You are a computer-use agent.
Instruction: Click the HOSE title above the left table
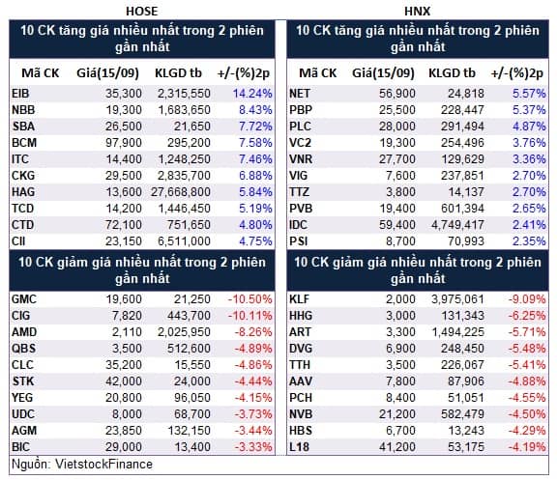click(x=142, y=11)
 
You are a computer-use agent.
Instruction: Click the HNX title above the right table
click(x=417, y=11)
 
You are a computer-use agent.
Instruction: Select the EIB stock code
click(x=20, y=94)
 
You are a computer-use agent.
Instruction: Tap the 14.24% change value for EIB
click(x=252, y=94)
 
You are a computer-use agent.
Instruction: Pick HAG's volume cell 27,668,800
click(x=181, y=192)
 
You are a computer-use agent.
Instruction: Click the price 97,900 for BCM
click(x=124, y=143)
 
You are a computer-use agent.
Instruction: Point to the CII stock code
click(x=18, y=241)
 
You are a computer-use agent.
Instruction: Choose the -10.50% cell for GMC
click(x=250, y=299)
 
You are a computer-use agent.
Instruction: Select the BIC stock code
click(x=20, y=446)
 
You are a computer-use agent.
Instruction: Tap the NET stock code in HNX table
click(x=300, y=94)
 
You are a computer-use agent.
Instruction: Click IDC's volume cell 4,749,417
click(x=457, y=225)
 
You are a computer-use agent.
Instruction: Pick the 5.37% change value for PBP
click(x=529, y=110)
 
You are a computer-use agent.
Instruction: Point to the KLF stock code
click(x=299, y=299)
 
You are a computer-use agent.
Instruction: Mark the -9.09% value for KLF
click(x=527, y=299)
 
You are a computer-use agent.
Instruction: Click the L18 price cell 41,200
click(x=397, y=446)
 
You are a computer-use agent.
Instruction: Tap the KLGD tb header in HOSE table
click(x=178, y=73)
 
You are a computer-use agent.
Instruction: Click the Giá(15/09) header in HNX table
click(x=383, y=73)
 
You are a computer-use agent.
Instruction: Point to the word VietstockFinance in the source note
click(x=103, y=464)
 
